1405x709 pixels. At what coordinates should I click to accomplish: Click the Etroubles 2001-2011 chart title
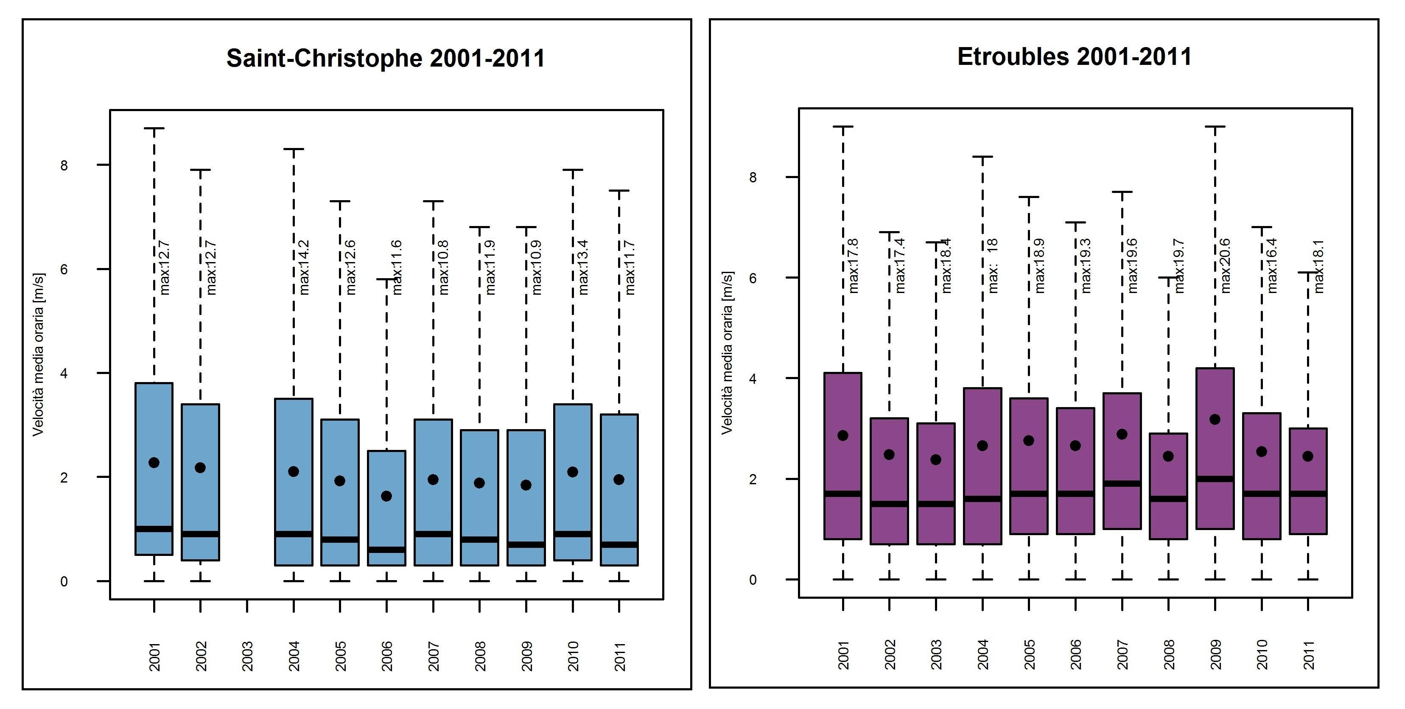click(1074, 57)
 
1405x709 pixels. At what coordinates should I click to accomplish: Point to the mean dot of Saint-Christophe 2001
click(154, 463)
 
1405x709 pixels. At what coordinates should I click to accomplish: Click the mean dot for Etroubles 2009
click(1215, 419)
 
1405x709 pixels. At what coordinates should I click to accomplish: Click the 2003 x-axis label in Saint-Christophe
click(247, 656)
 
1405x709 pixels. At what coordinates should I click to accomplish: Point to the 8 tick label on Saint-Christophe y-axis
click(64, 165)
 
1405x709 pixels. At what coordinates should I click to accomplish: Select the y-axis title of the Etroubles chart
click(727, 353)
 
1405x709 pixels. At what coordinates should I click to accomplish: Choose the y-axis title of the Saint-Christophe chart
click(38, 354)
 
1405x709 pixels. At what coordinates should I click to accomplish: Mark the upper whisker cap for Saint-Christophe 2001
click(154, 129)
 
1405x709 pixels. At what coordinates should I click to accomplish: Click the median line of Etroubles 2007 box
click(1122, 483)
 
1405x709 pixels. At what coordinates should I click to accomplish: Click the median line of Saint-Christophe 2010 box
click(573, 534)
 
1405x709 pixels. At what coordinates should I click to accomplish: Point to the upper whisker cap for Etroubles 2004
click(983, 157)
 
